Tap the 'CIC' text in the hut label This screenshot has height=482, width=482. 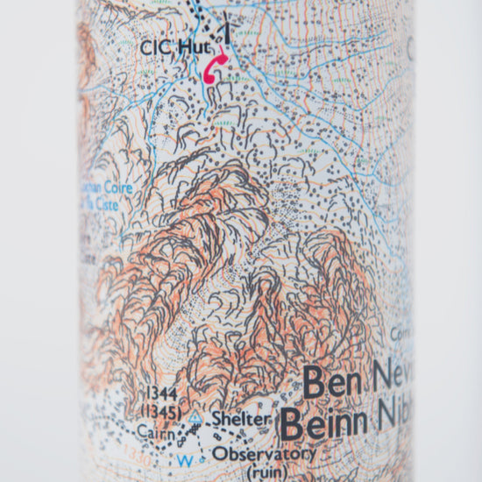[154, 47]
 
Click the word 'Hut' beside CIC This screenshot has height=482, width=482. [189, 47]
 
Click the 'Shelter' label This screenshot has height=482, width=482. [239, 420]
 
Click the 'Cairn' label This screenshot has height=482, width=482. [155, 430]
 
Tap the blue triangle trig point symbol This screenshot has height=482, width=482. [195, 418]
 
